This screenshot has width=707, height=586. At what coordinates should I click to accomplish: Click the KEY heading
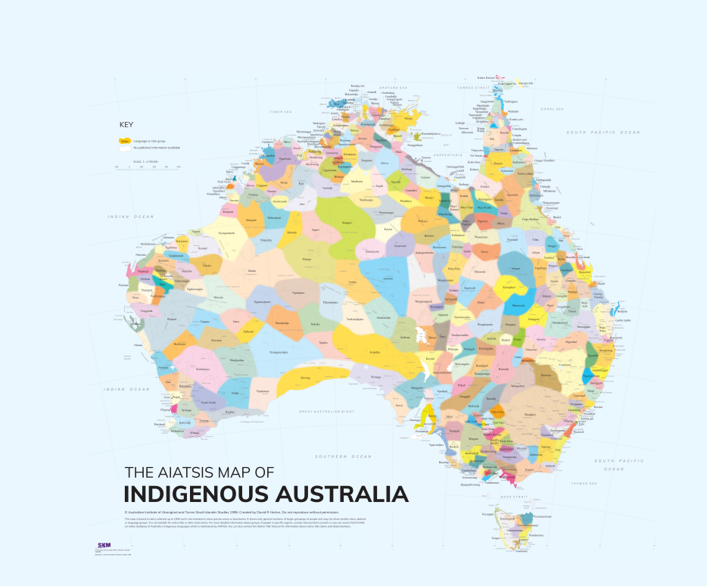(x=126, y=125)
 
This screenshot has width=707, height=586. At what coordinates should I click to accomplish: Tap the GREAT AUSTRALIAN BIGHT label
(x=326, y=411)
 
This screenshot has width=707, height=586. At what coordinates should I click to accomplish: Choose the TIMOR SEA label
(x=279, y=111)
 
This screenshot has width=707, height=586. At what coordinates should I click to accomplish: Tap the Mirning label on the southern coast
(x=305, y=376)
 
